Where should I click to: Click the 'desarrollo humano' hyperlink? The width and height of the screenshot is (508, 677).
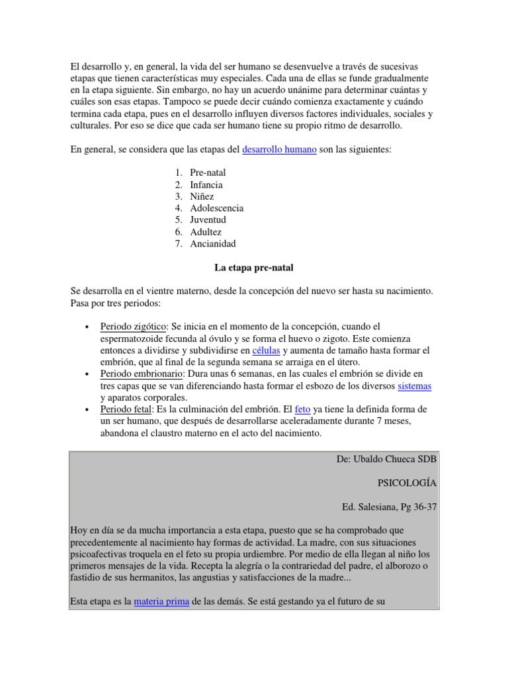(279, 150)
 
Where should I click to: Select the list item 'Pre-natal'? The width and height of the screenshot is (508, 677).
(208, 173)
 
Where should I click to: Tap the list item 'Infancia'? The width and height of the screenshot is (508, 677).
(206, 184)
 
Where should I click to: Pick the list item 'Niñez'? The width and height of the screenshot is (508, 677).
(202, 196)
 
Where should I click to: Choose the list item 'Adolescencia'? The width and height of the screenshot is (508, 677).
(217, 208)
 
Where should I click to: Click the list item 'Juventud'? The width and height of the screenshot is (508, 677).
(208, 220)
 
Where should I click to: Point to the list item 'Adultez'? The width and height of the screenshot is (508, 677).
(206, 232)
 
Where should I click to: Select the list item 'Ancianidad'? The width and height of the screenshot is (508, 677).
(213, 244)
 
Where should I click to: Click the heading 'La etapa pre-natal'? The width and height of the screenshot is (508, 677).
(254, 268)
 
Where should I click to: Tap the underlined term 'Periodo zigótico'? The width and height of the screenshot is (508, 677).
(133, 327)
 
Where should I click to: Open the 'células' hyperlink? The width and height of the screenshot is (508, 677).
(267, 350)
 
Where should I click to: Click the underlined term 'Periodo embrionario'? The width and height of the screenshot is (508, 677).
(141, 374)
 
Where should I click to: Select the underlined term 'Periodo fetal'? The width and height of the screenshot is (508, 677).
(126, 410)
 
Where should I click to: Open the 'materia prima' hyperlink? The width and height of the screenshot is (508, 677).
(162, 602)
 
